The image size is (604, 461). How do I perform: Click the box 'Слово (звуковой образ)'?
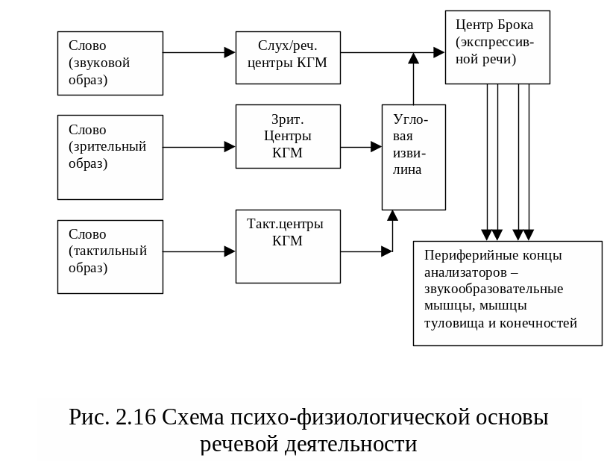pyautogui.click(x=110, y=63)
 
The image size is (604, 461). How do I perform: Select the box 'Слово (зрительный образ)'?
pyautogui.click(x=110, y=157)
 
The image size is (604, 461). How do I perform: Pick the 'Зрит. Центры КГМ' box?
pyautogui.click(x=288, y=137)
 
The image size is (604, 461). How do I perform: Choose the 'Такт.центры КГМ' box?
pyautogui.click(x=288, y=247)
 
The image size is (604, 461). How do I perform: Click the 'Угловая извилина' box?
pyautogui.click(x=413, y=157)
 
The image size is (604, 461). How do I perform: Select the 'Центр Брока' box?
pyautogui.click(x=497, y=47)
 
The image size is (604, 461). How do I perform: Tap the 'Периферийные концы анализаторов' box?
pyautogui.click(x=507, y=292)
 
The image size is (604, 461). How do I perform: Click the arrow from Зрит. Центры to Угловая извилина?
pyautogui.click(x=362, y=147)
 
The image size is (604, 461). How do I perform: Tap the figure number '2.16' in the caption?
pyautogui.click(x=136, y=417)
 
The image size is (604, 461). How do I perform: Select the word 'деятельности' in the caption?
pyautogui.click(x=351, y=444)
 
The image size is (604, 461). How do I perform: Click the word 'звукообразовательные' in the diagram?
pyautogui.click(x=494, y=289)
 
